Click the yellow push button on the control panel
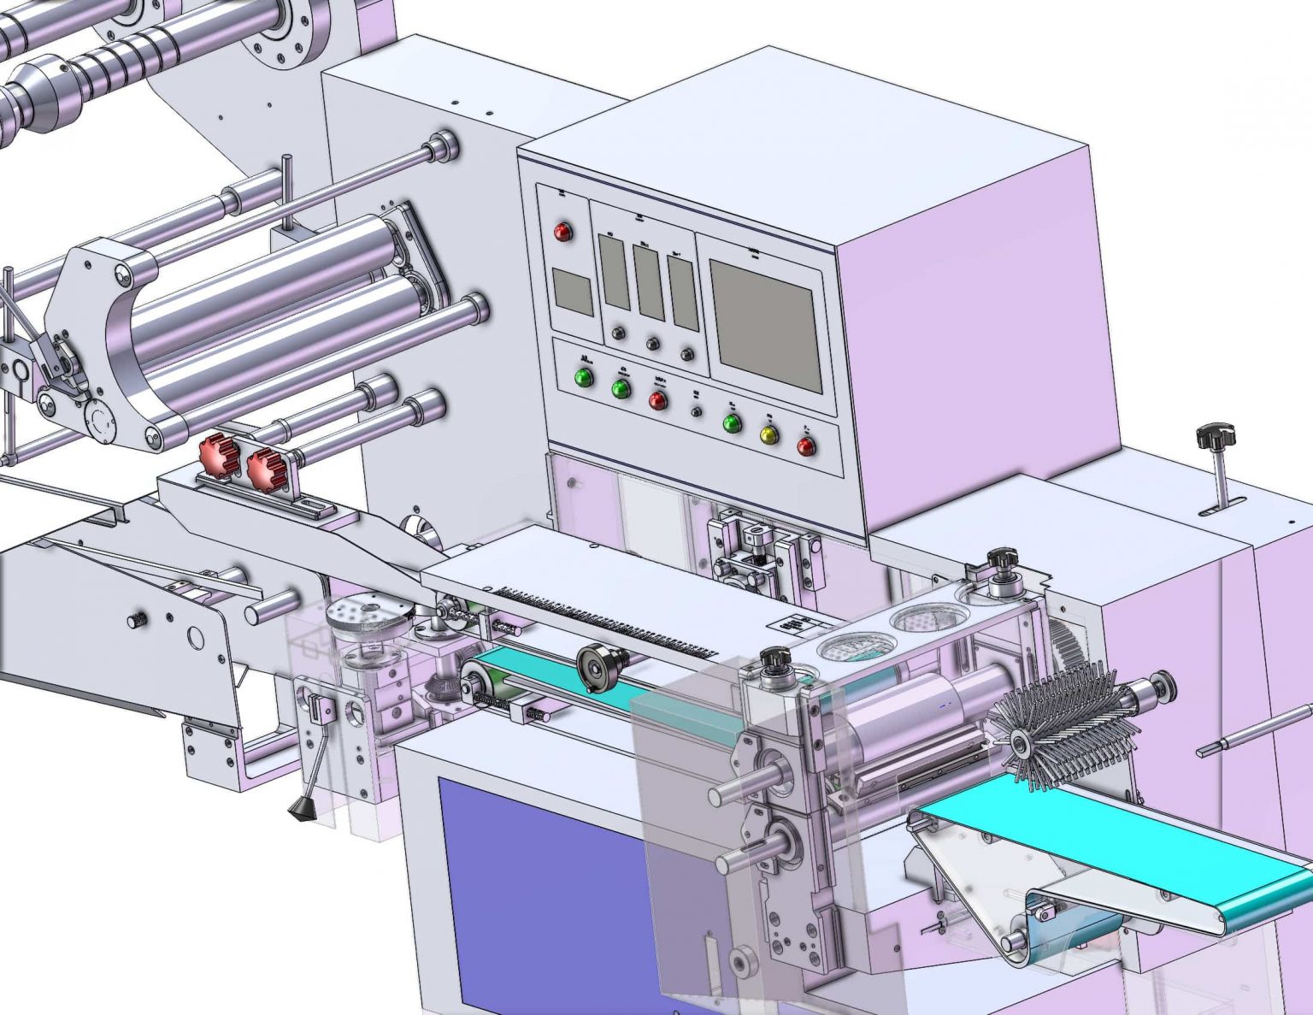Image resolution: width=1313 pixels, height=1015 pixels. pyautogui.click(x=769, y=435)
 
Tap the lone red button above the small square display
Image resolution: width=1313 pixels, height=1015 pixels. pyautogui.click(x=562, y=232)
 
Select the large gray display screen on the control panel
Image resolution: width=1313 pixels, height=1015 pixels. pyautogui.click(x=765, y=325)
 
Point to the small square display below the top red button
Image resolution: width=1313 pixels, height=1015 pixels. pyautogui.click(x=572, y=291)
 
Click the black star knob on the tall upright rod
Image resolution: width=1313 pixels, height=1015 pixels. pyautogui.click(x=1216, y=436)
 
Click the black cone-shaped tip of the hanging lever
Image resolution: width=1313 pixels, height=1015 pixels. pyautogui.click(x=300, y=809)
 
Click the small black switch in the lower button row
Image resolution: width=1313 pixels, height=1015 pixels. pyautogui.click(x=697, y=411)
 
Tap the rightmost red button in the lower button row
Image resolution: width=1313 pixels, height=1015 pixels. pyautogui.click(x=806, y=446)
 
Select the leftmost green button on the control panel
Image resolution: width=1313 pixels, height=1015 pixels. pyautogui.click(x=585, y=377)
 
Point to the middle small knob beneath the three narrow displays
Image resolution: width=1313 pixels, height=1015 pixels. pyautogui.click(x=653, y=344)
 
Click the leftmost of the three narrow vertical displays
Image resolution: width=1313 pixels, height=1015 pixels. pyautogui.click(x=614, y=271)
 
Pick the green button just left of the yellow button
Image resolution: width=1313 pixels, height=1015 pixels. pyautogui.click(x=732, y=424)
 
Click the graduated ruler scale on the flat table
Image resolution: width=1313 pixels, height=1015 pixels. pyautogui.click(x=607, y=623)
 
